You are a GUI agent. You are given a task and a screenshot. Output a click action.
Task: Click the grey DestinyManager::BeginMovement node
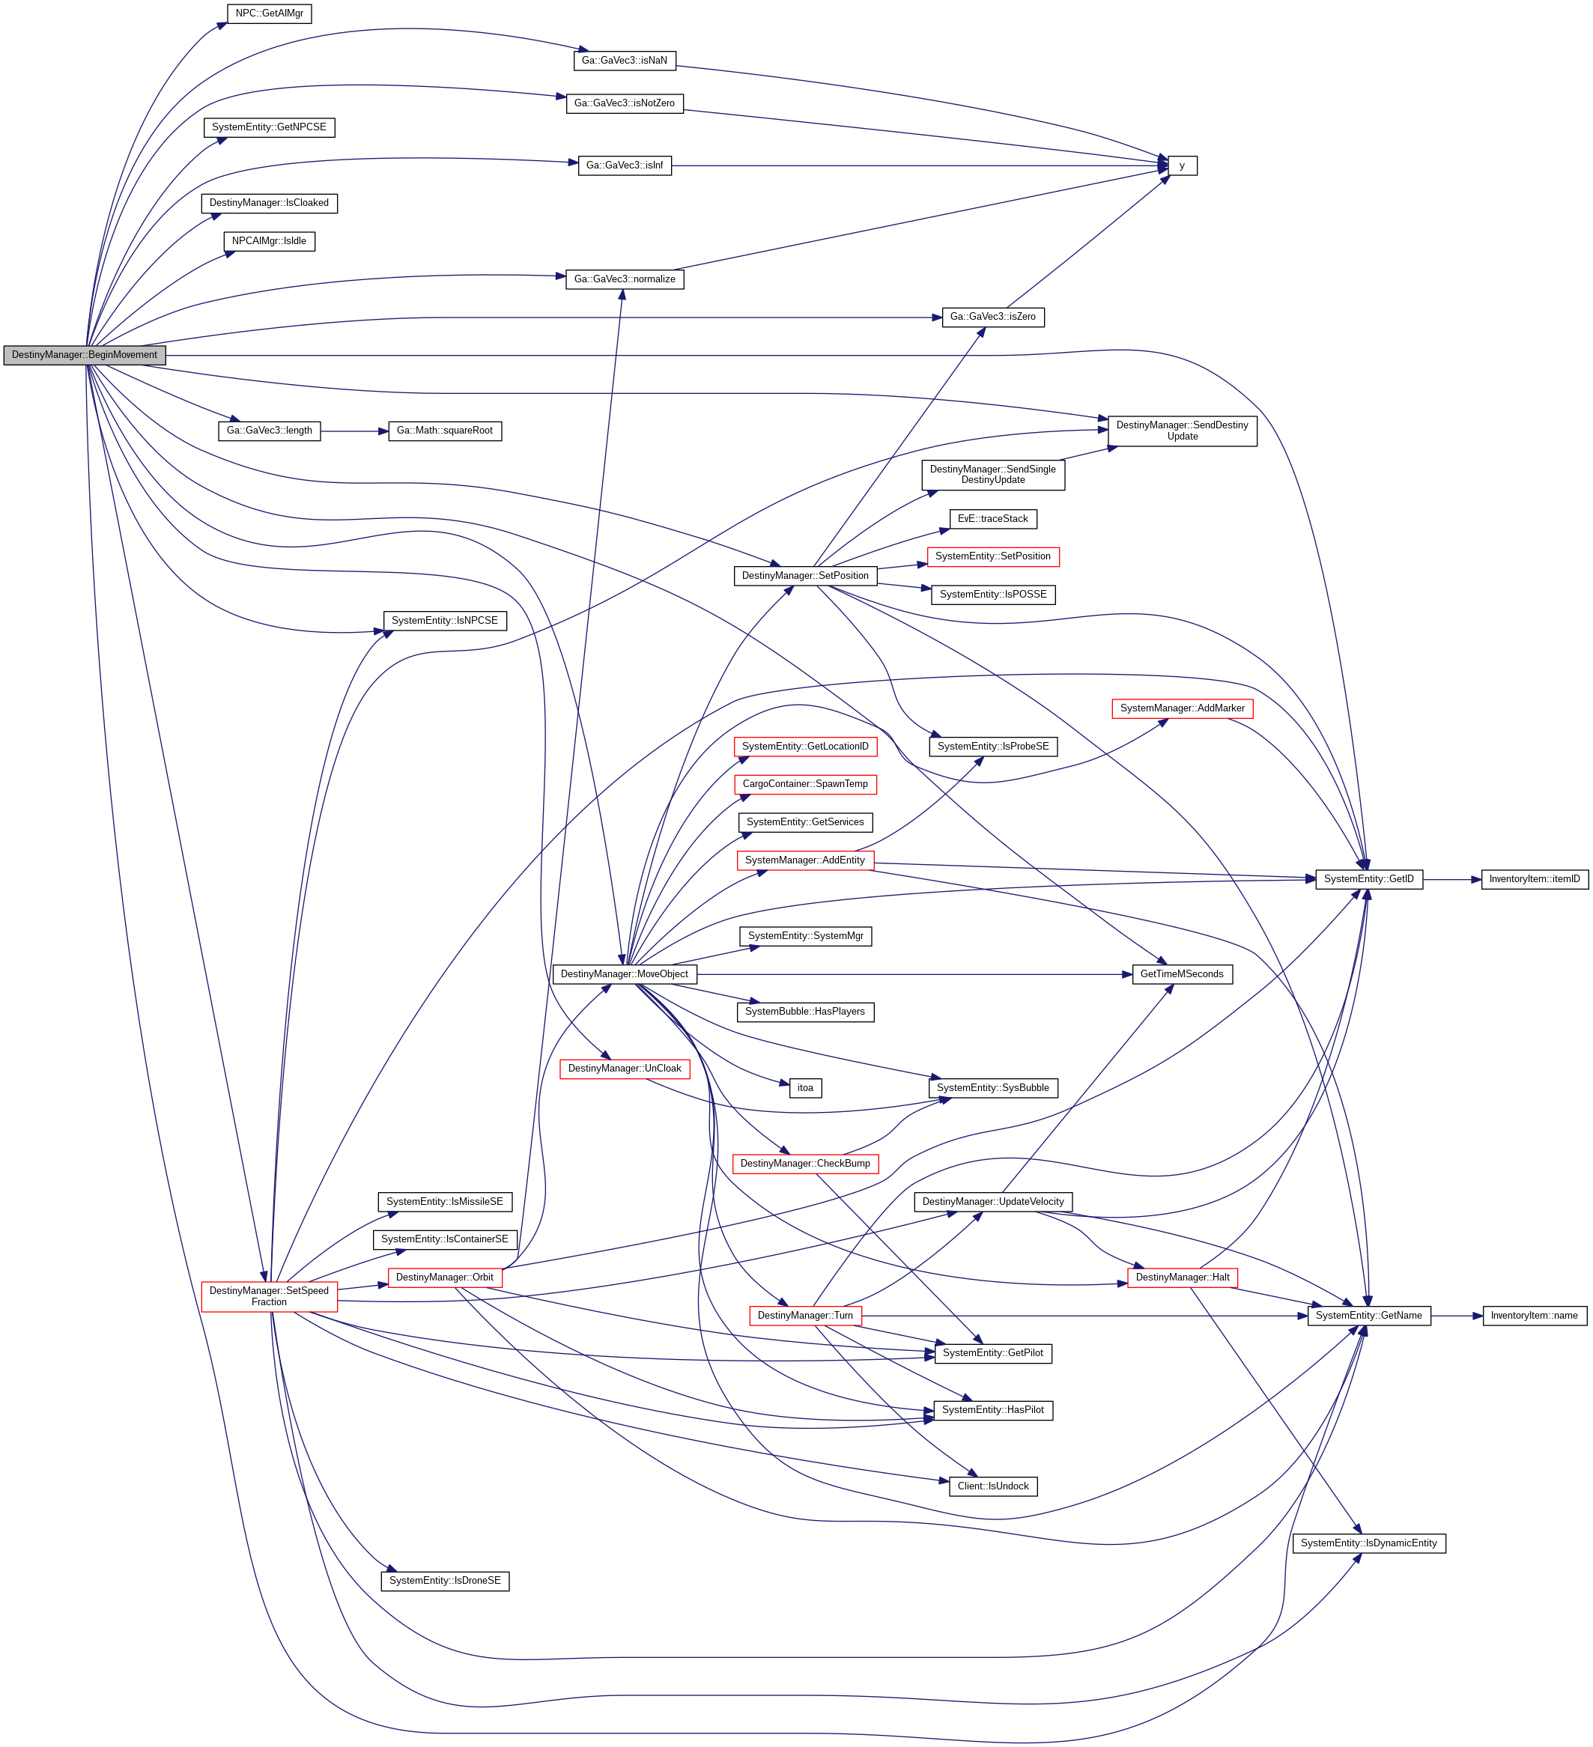point(84,355)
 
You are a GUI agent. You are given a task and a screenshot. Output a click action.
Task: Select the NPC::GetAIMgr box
point(269,14)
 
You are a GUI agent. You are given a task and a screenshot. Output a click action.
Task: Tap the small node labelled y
point(1181,165)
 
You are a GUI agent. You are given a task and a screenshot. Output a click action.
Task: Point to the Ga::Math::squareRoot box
point(445,431)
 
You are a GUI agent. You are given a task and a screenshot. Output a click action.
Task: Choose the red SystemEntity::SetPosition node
point(992,556)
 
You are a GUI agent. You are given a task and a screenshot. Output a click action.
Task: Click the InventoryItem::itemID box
point(1534,880)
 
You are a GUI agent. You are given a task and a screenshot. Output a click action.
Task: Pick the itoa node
point(805,1088)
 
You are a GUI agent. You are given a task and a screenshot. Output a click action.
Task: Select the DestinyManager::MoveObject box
point(624,975)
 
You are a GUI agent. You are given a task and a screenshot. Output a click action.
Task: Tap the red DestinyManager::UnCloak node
point(624,1069)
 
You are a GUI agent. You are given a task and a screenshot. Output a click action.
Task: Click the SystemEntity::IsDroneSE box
point(445,1582)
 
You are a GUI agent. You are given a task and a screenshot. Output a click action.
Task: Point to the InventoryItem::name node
point(1534,1316)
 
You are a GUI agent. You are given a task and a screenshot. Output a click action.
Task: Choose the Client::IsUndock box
point(992,1487)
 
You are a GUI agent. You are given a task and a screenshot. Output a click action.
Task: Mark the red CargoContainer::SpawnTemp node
point(805,784)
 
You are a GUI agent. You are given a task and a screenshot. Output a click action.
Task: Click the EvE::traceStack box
point(992,519)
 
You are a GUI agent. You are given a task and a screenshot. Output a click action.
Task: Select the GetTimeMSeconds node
point(1181,975)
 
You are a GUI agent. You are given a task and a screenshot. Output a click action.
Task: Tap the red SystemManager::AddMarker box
point(1181,709)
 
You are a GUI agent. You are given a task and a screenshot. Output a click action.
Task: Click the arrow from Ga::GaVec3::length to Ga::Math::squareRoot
point(354,431)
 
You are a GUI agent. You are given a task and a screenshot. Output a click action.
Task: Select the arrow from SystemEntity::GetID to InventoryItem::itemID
point(1451,880)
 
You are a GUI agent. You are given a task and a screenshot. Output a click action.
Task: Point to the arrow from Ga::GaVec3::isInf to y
point(919,165)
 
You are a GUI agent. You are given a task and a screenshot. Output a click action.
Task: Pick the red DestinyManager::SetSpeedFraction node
point(269,1296)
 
